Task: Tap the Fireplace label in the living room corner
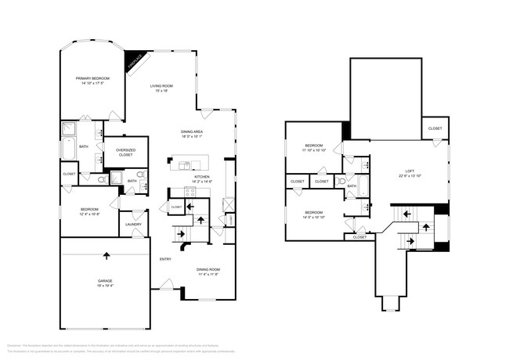click(x=135, y=59)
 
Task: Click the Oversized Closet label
click(x=126, y=152)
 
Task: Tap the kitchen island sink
click(x=186, y=164)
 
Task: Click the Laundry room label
click(x=132, y=225)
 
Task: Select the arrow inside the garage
click(x=105, y=254)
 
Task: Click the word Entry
click(x=165, y=259)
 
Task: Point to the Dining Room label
click(x=208, y=271)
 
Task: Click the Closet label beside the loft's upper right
click(x=435, y=128)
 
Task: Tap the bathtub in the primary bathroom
click(x=67, y=149)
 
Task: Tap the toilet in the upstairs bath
click(x=341, y=181)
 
